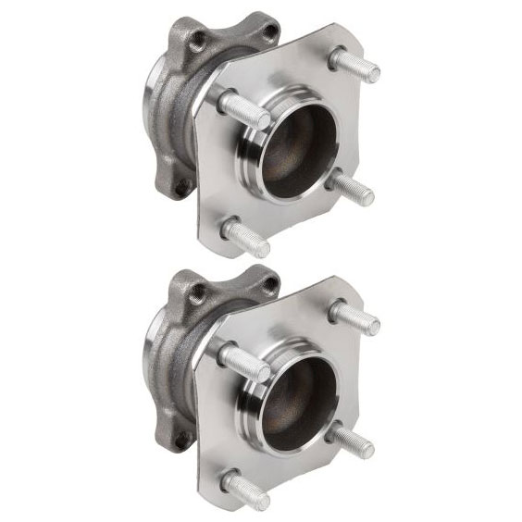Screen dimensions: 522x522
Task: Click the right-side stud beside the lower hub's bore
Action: tap(352, 440)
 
